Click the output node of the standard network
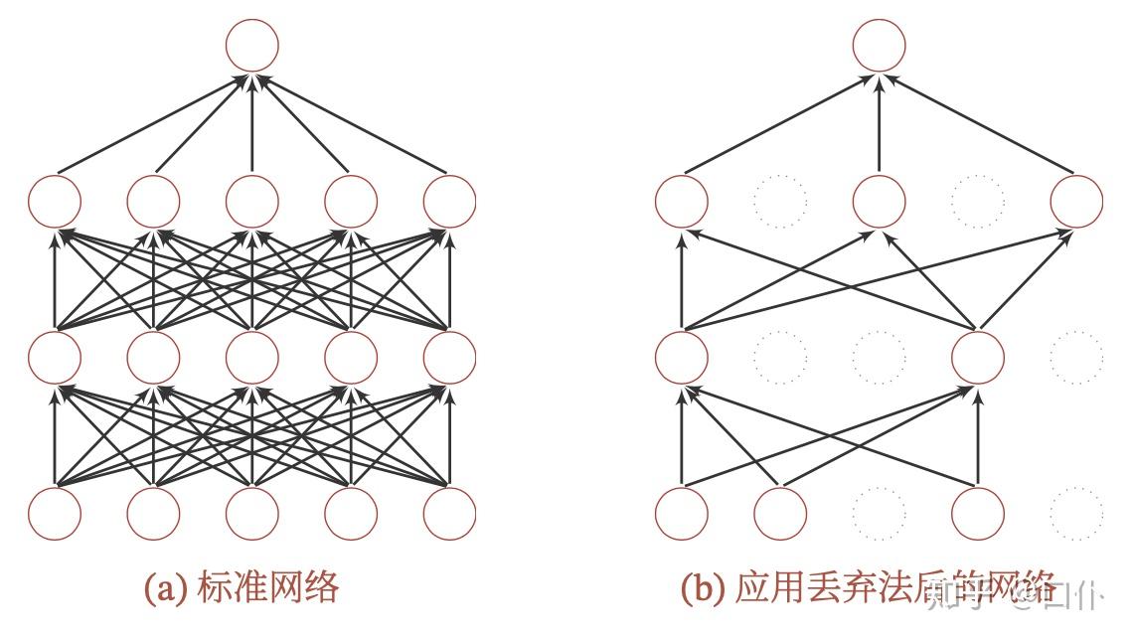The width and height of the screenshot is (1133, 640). click(x=251, y=45)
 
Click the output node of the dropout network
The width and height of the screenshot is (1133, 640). click(x=880, y=45)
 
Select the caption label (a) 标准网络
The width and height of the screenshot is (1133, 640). click(x=243, y=587)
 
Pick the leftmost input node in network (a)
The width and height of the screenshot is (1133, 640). click(x=55, y=514)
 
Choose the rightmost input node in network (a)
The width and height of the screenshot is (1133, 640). click(x=449, y=514)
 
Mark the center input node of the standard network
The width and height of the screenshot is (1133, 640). click(x=251, y=514)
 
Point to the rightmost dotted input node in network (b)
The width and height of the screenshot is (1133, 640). click(x=1076, y=514)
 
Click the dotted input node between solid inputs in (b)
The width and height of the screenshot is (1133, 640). click(x=880, y=514)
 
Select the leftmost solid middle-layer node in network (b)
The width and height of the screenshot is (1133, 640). click(x=682, y=357)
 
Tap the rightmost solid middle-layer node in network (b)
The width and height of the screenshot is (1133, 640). click(x=978, y=357)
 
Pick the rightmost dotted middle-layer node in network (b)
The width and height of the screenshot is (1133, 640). click(x=1076, y=357)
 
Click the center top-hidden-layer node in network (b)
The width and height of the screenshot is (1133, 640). click(x=880, y=201)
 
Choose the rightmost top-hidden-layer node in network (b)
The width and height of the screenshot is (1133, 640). click(x=1076, y=201)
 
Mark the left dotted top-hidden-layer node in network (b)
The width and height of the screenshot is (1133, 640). click(x=780, y=201)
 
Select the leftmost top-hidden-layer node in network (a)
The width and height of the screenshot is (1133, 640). click(x=55, y=201)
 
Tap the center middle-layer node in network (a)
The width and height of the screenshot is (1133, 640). click(x=251, y=357)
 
